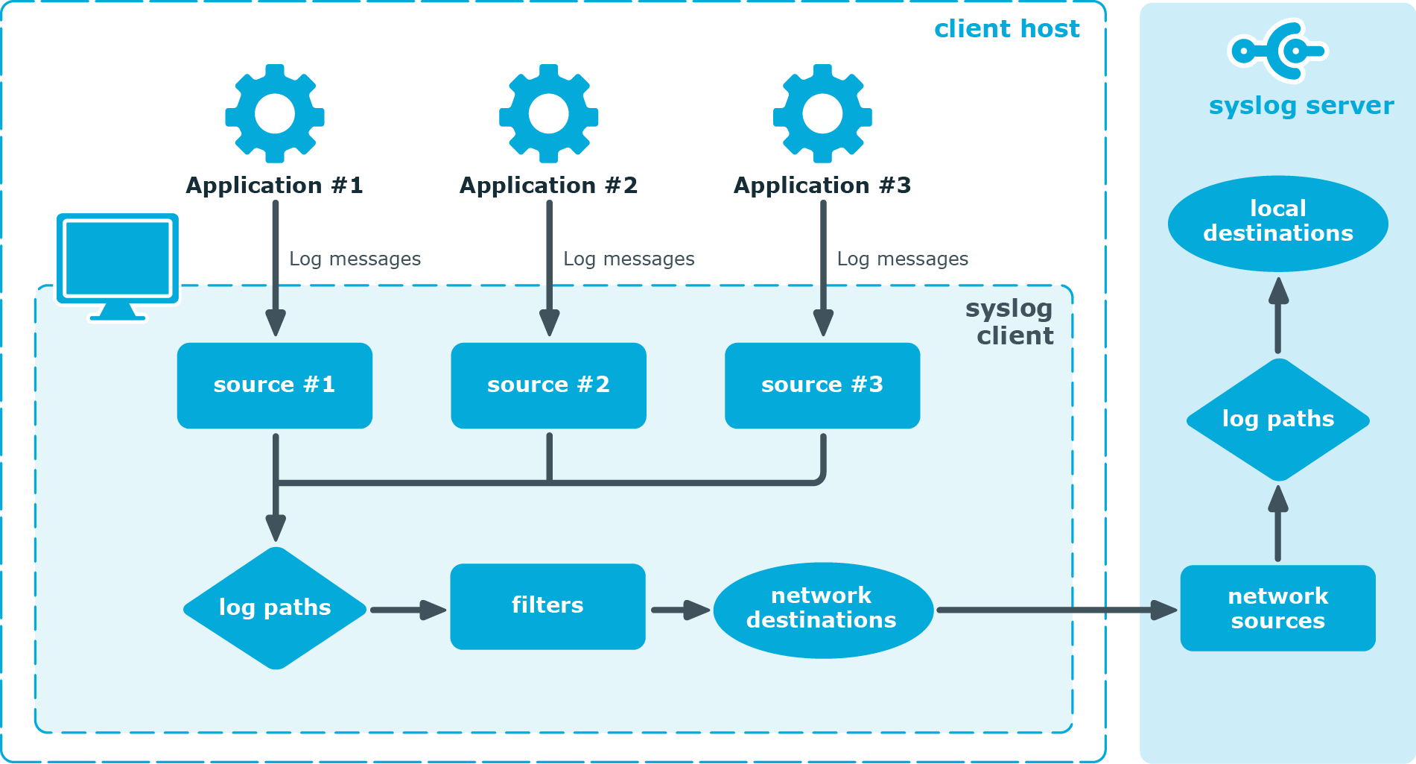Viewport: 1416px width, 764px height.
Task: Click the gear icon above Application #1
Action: [x=275, y=113]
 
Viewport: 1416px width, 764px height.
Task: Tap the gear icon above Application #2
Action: [x=549, y=113]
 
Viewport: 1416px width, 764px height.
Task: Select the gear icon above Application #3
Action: [x=822, y=113]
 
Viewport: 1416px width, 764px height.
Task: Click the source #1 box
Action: [x=275, y=385]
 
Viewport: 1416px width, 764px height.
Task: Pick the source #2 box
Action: [x=549, y=385]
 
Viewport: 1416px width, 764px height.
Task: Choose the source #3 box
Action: [x=822, y=385]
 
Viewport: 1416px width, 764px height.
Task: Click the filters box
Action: [x=547, y=606]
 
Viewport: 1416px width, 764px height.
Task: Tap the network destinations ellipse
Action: [x=822, y=610]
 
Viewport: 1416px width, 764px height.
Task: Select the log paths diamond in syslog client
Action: [x=275, y=608]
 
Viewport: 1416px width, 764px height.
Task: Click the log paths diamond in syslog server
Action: [x=1278, y=420]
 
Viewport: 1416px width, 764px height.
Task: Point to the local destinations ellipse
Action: [x=1278, y=222]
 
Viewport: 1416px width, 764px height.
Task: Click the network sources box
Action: [x=1278, y=608]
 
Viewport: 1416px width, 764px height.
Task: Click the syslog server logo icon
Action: [x=1278, y=51]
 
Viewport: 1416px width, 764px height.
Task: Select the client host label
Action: [x=1006, y=29]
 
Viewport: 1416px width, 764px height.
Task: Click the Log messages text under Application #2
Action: [x=629, y=259]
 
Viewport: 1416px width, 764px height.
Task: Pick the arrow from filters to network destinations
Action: [x=679, y=610]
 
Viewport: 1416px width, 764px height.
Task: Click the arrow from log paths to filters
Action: [x=408, y=610]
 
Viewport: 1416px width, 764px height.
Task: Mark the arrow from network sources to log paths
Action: [x=1278, y=523]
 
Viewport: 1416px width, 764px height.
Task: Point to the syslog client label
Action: [x=1012, y=322]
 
